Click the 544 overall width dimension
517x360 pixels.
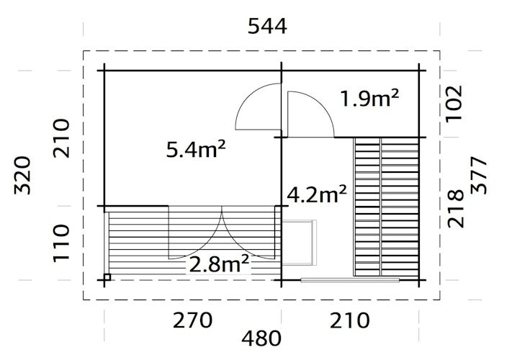(x=266, y=27)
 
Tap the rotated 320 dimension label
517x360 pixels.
(x=24, y=175)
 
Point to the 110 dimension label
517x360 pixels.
(x=62, y=242)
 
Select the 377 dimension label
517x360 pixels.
(x=480, y=175)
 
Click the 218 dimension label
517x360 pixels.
(x=455, y=209)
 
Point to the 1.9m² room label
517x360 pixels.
(x=369, y=98)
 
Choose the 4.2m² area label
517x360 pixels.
(x=317, y=194)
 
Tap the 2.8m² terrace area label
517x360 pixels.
(x=219, y=264)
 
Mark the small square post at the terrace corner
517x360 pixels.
(x=107, y=276)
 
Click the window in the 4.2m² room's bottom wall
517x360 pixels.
(x=350, y=279)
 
